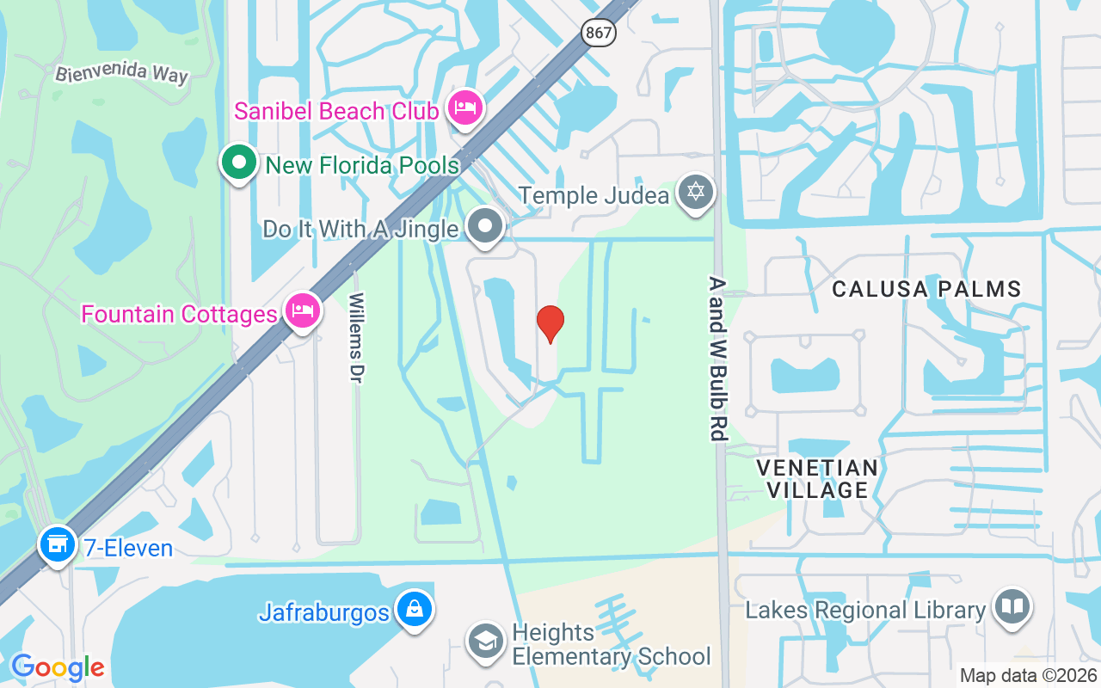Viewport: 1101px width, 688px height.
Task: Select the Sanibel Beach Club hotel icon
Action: click(x=465, y=108)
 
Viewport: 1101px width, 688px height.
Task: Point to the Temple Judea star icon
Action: click(x=696, y=192)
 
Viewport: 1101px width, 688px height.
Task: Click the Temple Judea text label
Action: click(x=594, y=195)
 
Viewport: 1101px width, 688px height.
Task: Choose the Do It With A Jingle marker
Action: click(x=485, y=226)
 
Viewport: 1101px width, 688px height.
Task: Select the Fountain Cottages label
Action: click(x=179, y=314)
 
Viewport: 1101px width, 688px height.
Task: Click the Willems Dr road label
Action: click(x=356, y=338)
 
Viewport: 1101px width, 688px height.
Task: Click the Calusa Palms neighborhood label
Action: click(x=926, y=289)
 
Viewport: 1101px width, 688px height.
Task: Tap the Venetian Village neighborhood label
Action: click(x=817, y=479)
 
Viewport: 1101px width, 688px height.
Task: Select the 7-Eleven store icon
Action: click(x=58, y=544)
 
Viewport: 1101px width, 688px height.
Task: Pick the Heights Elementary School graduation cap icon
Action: click(x=486, y=641)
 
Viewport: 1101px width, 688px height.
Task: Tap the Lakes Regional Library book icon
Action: click(x=1012, y=607)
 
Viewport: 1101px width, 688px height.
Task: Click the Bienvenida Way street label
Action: click(x=122, y=72)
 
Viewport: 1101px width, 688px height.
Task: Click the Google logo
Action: click(x=58, y=667)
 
